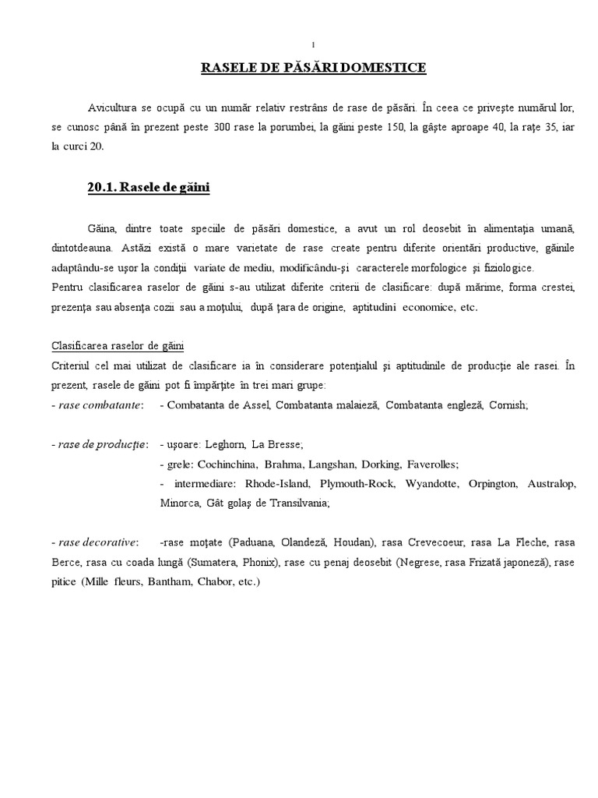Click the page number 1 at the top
[x=312, y=44]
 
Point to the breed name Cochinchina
[x=230, y=464]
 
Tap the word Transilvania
[x=290, y=503]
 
